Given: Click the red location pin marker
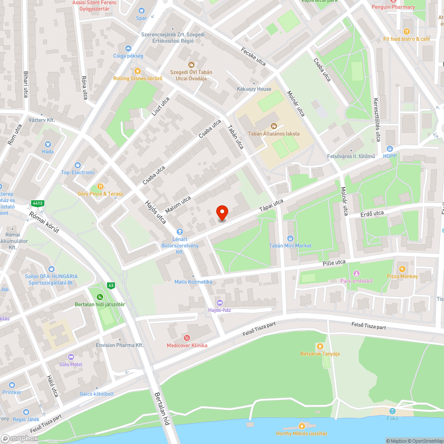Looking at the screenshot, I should [222, 213].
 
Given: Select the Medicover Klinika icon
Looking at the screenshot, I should [187, 338].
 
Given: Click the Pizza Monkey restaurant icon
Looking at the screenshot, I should [402, 269].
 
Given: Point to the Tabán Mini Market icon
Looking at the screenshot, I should [290, 238].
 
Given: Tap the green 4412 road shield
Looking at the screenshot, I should [37, 203].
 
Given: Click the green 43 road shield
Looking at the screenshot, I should [111, 285].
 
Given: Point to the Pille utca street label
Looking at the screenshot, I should [334, 263].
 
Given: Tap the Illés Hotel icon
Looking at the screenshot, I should [71, 357].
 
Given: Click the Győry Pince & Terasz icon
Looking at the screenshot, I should [100, 186].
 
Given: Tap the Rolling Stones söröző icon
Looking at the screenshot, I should [138, 71].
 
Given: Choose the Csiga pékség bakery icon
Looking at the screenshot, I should [128, 48].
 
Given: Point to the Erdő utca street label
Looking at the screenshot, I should [372, 214].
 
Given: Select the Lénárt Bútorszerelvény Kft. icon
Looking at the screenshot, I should [179, 232].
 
